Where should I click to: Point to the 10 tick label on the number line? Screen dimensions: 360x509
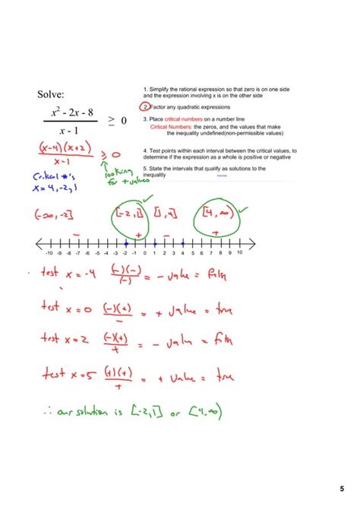coord(239,253)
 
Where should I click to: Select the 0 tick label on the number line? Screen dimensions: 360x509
coord(144,253)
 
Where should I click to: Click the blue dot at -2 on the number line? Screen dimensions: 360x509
coord(125,243)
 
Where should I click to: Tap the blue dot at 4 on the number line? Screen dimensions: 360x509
coord(183,243)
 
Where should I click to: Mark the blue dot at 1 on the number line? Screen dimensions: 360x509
coord(155,243)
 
